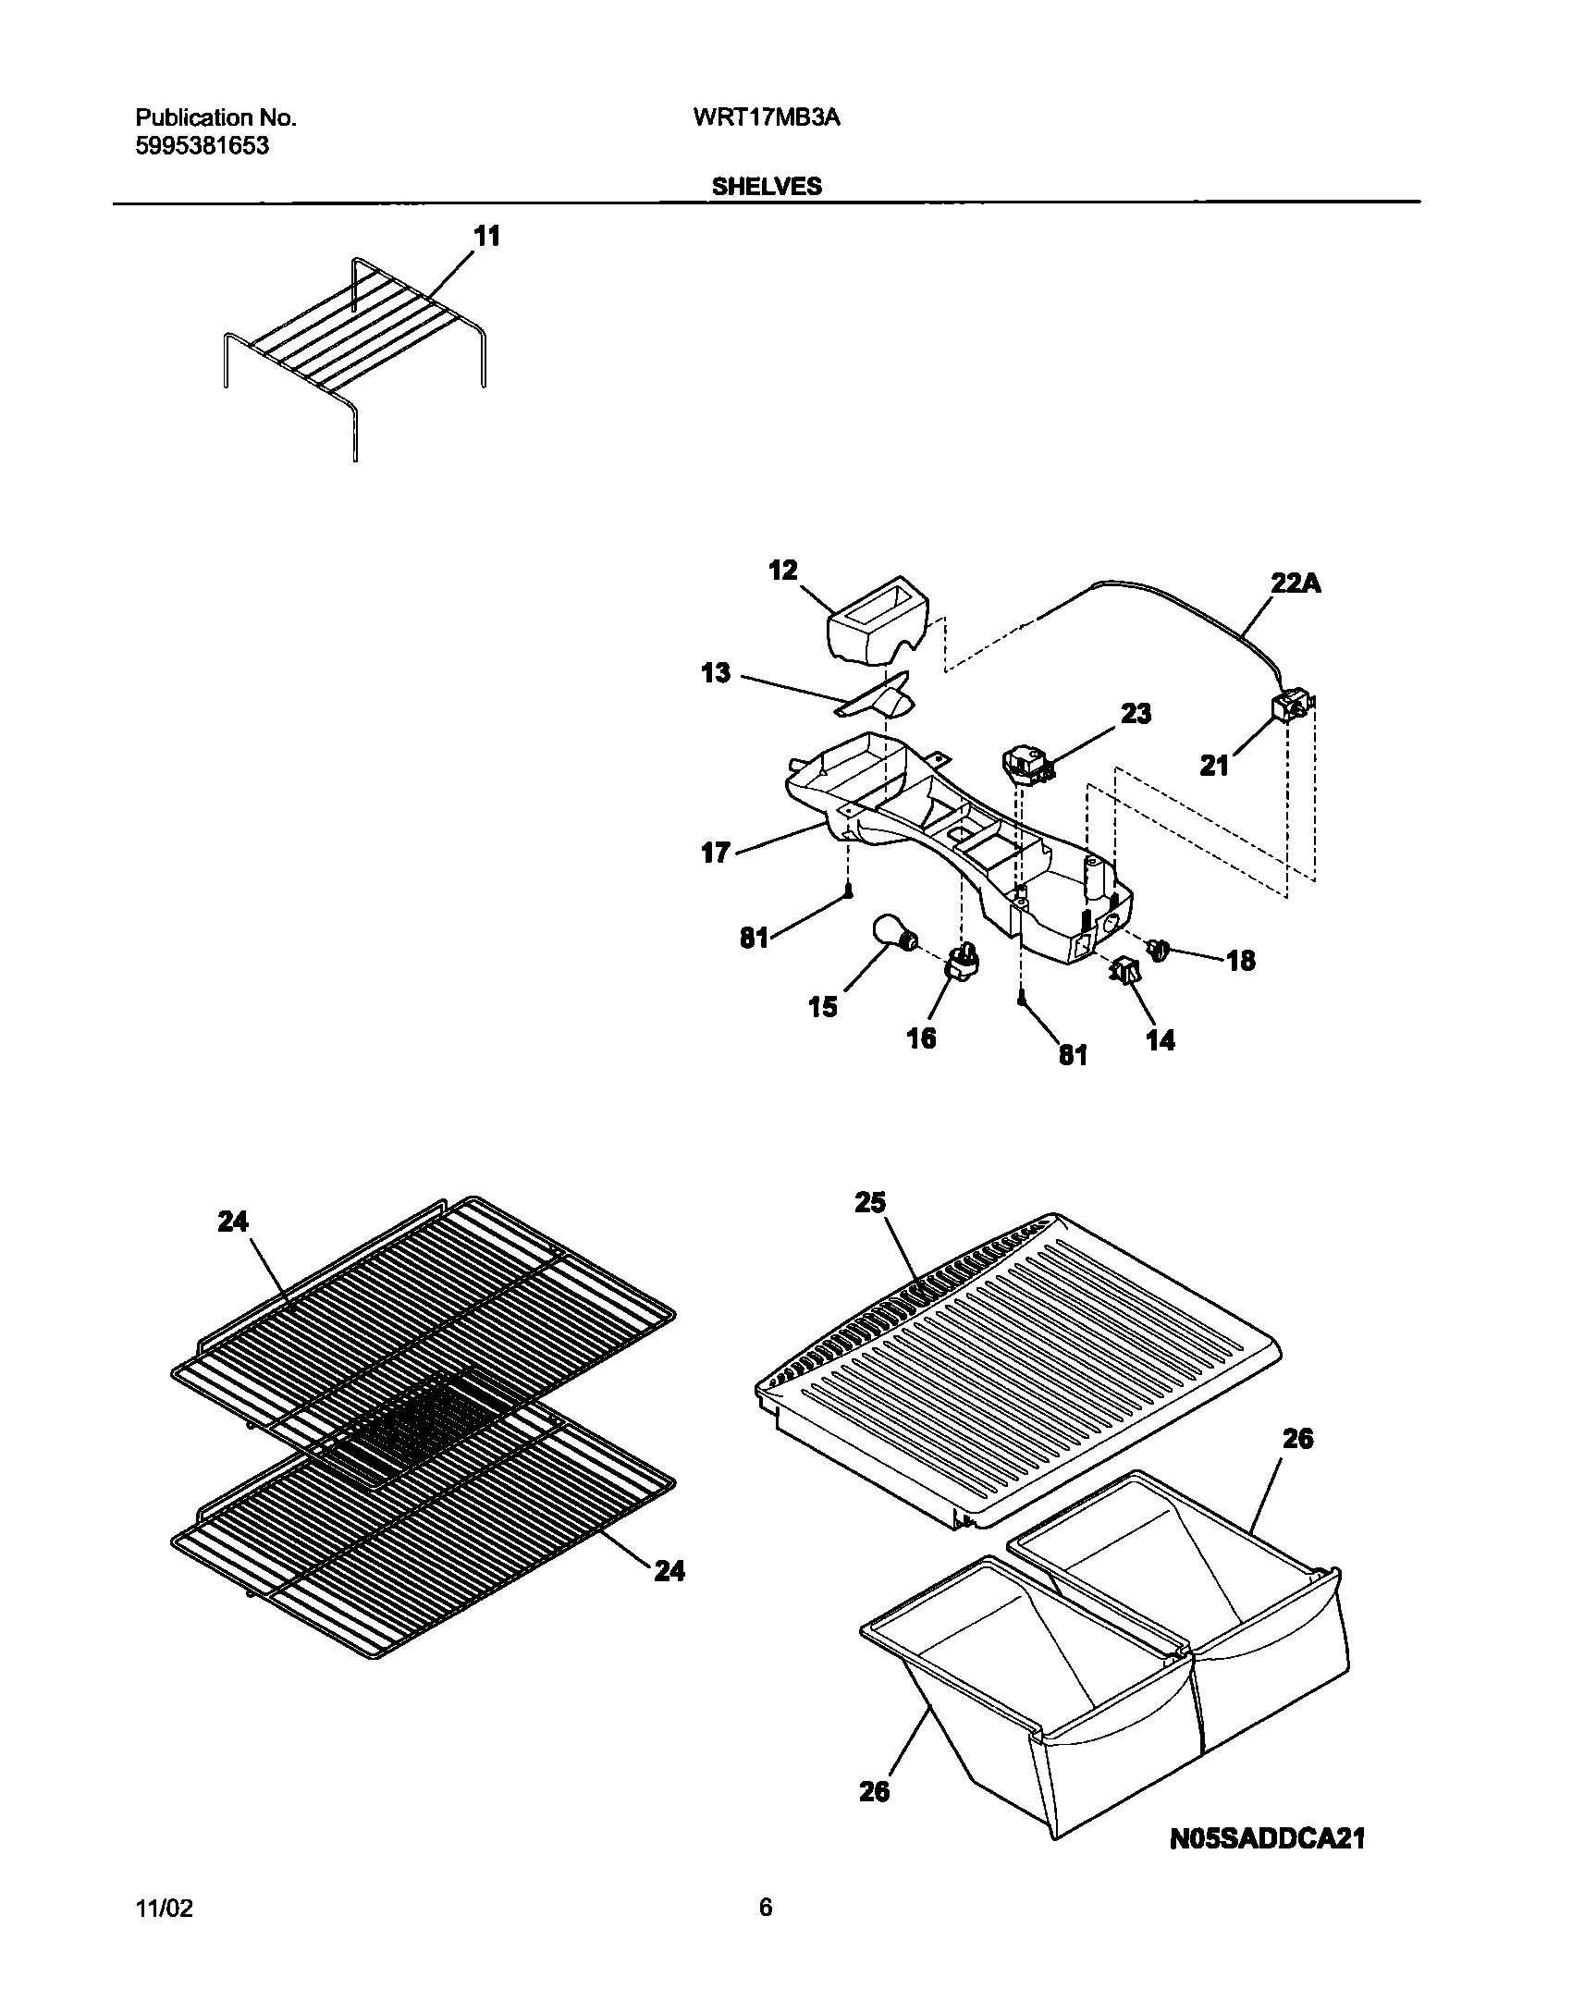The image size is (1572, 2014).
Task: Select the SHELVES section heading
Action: pyautogui.click(x=766, y=187)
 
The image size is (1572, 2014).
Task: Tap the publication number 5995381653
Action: pyautogui.click(x=203, y=145)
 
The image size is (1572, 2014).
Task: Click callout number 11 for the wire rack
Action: pyautogui.click(x=487, y=237)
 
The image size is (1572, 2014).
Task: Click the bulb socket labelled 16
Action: pyautogui.click(x=961, y=964)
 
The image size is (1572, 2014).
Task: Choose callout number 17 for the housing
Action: pyautogui.click(x=716, y=852)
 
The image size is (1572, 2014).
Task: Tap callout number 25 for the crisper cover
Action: pyautogui.click(x=870, y=1202)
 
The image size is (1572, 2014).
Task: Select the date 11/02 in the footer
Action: pyautogui.click(x=166, y=1909)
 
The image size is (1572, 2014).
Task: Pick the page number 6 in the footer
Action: pyautogui.click(x=766, y=1908)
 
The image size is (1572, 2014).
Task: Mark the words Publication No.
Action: pyautogui.click(x=215, y=117)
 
